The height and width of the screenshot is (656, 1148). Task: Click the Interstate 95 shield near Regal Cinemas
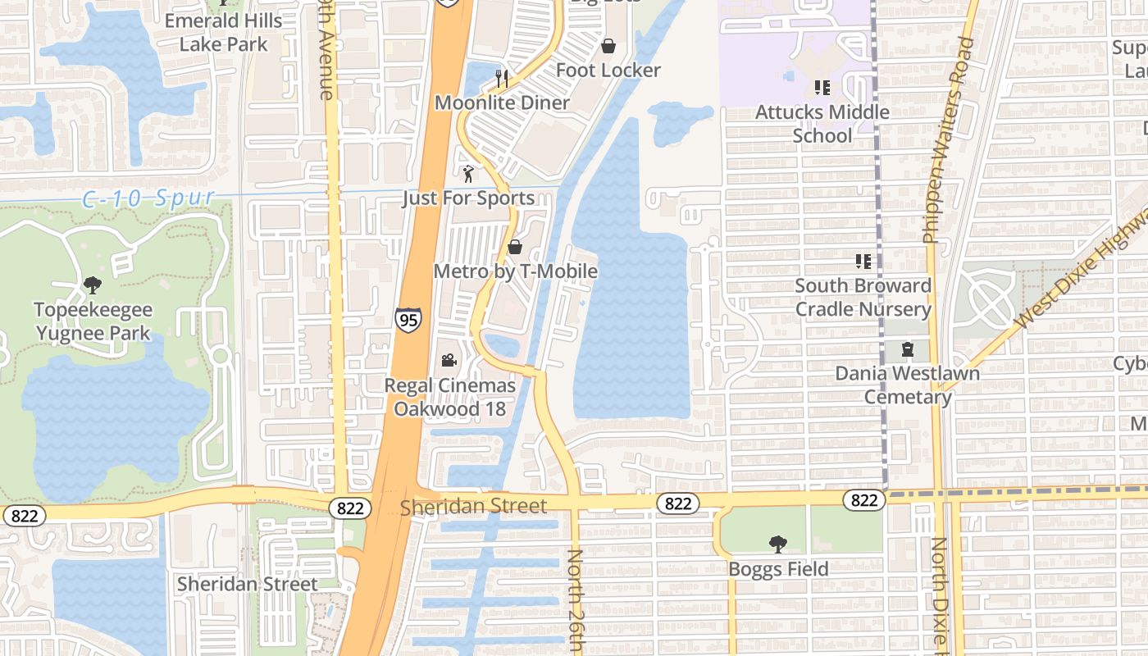point(408,319)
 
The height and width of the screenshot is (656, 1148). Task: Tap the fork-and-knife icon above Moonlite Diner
point(502,79)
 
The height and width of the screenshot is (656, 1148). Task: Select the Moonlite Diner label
point(502,102)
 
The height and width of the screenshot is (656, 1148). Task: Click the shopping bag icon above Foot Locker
point(608,46)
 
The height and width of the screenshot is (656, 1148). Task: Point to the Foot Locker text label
point(608,71)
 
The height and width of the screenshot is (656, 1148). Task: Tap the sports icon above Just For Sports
point(468,174)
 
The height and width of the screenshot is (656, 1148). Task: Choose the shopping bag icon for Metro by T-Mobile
point(515,247)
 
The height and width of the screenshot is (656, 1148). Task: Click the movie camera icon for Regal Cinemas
point(449,361)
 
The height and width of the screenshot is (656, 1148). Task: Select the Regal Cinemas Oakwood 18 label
point(450,397)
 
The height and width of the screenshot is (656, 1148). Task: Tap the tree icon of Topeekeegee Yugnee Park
point(93,285)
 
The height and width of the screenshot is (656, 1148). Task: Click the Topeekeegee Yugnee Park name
point(93,321)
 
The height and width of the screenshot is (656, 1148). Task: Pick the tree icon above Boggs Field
point(778,544)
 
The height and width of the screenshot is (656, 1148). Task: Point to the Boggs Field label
point(778,568)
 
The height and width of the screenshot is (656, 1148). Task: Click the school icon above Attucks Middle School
point(822,88)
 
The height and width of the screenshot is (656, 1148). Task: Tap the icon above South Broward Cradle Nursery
point(863,262)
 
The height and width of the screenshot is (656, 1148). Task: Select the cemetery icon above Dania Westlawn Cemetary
point(907,349)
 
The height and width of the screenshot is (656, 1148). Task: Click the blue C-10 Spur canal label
point(148,198)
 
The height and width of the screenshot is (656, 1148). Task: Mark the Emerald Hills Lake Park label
point(223,32)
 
